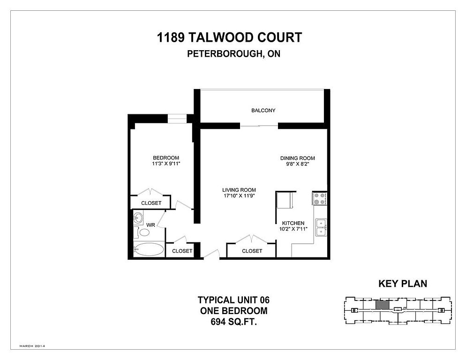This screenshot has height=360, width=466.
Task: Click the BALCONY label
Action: pyautogui.click(x=263, y=111)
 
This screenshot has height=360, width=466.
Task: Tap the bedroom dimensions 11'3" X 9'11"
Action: pyautogui.click(x=166, y=164)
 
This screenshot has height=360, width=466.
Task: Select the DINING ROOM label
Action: pyautogui.click(x=297, y=158)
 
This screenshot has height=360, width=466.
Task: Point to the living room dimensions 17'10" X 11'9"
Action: pyautogui.click(x=242, y=196)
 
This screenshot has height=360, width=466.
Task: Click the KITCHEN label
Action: pyautogui.click(x=293, y=223)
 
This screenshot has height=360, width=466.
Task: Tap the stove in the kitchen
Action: pyautogui.click(x=320, y=199)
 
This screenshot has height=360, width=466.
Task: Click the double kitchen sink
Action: pyautogui.click(x=321, y=227)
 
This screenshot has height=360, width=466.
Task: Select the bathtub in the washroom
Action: pyautogui.click(x=148, y=249)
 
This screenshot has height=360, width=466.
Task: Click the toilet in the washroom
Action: pyautogui.click(x=143, y=232)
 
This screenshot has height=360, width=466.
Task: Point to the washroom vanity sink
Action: pyautogui.click(x=138, y=218)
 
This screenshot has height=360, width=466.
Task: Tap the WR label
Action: pyautogui.click(x=150, y=225)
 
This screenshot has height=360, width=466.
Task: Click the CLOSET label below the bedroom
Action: pyautogui.click(x=151, y=203)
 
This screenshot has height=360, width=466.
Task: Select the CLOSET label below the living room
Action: pyautogui.click(x=252, y=251)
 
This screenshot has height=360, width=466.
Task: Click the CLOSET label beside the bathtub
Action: pyautogui.click(x=182, y=251)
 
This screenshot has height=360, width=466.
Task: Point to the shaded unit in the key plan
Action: pyautogui.click(x=382, y=305)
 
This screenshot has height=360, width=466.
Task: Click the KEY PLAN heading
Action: pyautogui.click(x=402, y=284)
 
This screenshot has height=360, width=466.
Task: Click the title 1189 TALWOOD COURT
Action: pyautogui.click(x=230, y=37)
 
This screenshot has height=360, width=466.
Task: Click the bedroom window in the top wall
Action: pyautogui.click(x=177, y=119)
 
